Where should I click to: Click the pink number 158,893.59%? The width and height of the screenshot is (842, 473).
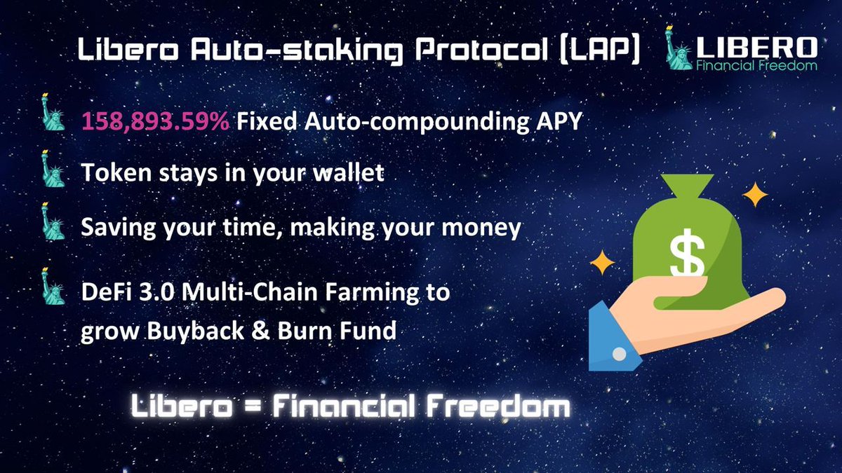pyautogui.click(x=155, y=121)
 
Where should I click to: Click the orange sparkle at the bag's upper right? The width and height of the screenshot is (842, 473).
pyautogui.click(x=755, y=195)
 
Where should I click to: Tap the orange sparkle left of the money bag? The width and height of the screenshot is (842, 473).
pyautogui.click(x=601, y=263)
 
